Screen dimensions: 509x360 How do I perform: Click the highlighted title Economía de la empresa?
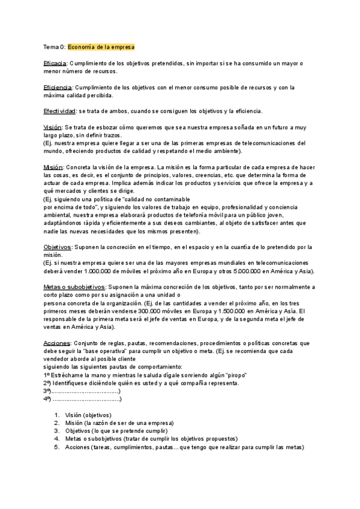coord(101,46)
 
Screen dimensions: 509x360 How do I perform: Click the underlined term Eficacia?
coord(55,63)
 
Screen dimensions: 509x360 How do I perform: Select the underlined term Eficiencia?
coord(57,88)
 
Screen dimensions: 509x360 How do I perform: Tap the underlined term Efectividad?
coord(59,111)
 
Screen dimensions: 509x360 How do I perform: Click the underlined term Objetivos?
coord(57,247)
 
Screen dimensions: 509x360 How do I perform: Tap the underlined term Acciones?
coord(57,343)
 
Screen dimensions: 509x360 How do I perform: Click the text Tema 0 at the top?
coord(54,46)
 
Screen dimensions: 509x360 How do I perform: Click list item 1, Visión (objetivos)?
coord(88,415)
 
